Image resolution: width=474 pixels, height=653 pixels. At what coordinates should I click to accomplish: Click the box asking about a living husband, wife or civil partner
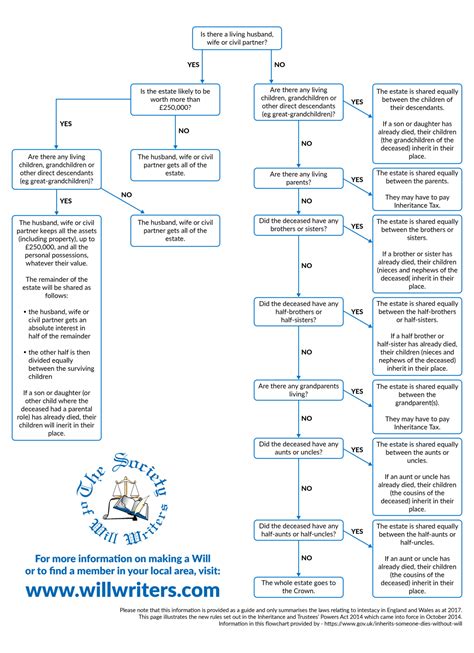[237, 39]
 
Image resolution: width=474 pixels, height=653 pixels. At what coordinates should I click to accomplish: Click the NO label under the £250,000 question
[183, 131]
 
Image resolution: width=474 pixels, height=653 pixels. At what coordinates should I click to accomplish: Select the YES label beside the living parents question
[357, 179]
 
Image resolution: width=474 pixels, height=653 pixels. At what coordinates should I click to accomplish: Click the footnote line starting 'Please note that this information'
[293, 609]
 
